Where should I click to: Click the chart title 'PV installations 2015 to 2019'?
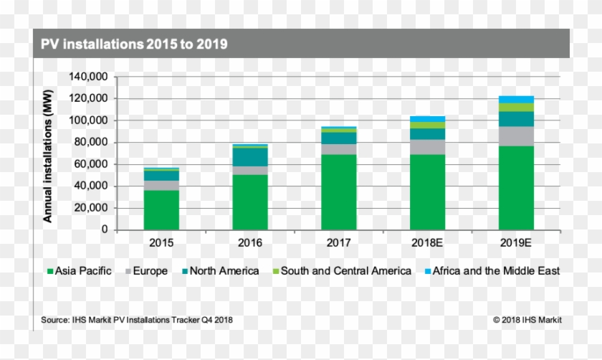134,44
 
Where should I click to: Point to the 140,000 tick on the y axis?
88,77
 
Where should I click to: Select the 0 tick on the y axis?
104,230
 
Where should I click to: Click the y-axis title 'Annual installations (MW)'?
48,153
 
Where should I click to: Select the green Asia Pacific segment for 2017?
338,192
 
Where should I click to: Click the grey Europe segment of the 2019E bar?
516,136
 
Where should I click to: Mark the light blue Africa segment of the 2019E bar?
516,99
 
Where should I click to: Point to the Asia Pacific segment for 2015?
161,209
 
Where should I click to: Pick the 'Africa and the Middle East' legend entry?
492,271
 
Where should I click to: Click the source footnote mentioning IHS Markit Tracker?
133,320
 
